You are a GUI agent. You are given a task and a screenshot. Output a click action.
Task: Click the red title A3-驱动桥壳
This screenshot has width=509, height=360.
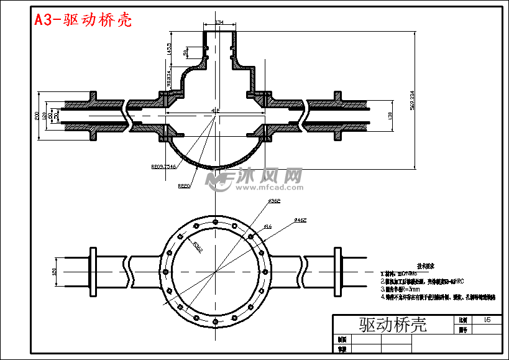click(83, 20)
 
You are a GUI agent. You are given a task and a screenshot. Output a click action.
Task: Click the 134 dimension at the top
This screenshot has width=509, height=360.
click(219, 22)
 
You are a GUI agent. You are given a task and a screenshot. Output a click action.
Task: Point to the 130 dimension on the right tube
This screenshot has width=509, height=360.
click(390, 115)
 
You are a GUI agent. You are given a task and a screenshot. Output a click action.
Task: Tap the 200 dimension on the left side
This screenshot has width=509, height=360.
click(37, 115)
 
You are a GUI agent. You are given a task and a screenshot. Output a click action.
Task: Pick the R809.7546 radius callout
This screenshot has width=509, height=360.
click(164, 167)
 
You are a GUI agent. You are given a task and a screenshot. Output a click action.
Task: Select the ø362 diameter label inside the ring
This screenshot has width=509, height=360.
click(197, 246)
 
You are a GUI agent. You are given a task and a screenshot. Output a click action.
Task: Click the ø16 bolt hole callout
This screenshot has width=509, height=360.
click(267, 226)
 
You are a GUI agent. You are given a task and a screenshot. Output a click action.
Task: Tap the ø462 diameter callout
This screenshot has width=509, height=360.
click(300, 219)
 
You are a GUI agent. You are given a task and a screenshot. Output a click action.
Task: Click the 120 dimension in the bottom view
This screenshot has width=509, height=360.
click(55, 272)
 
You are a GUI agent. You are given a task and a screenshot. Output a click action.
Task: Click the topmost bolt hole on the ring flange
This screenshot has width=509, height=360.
click(215, 221)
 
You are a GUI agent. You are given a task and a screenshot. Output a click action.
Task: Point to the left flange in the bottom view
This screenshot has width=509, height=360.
click(94, 272)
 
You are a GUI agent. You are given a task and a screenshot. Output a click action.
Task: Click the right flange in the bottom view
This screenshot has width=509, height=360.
click(338, 272)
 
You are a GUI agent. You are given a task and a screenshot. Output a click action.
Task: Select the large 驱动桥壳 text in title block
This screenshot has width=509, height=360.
click(393, 324)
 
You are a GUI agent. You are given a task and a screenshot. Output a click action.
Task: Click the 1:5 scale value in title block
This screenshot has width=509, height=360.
click(486, 319)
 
